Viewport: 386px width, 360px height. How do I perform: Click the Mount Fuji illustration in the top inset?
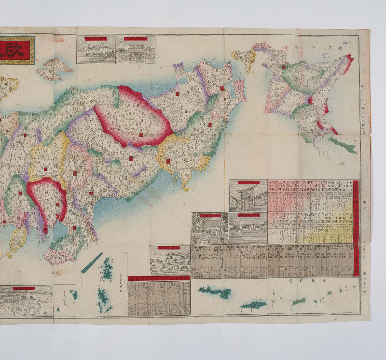96,53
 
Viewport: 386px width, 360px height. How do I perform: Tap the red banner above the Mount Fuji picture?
96,39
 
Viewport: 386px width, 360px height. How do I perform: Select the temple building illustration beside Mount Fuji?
136,53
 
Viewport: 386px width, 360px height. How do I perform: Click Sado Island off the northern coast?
53,69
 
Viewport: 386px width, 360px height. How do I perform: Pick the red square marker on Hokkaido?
284,66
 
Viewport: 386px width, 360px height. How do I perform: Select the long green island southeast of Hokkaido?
343,144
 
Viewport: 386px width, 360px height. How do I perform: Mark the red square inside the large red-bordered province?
141,135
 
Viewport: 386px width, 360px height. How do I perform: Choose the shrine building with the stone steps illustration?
209,230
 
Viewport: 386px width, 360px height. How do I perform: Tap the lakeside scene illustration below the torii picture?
248,229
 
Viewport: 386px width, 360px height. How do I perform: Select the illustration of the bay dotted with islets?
169,261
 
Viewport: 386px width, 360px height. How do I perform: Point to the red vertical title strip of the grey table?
356,261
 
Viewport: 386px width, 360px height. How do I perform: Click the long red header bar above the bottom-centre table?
159,279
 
